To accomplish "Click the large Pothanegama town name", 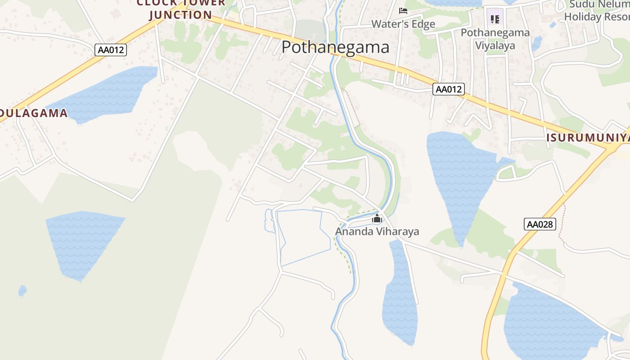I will (335, 47).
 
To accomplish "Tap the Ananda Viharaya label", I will (377, 232).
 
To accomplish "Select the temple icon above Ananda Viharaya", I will (377, 219).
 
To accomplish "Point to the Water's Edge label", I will (403, 24).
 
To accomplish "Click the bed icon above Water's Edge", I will (403, 11).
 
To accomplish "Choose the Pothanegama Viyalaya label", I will (495, 39).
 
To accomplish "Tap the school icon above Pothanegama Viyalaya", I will (495, 19).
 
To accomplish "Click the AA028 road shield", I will (540, 224).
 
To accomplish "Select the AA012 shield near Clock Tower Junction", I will (111, 49).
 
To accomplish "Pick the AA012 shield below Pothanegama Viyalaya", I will (448, 89).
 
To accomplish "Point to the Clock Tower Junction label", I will (180, 9).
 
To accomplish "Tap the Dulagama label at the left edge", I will (34, 113).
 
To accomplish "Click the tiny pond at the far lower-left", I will (22, 291).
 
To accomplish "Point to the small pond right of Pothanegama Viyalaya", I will (536, 43).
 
